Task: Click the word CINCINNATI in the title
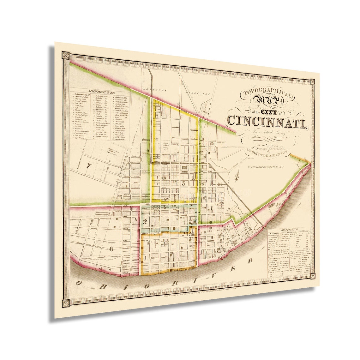[x=267, y=120]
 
